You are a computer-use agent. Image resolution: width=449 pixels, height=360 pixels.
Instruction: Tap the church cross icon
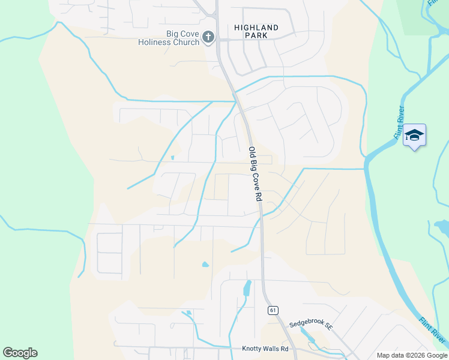point(208,38)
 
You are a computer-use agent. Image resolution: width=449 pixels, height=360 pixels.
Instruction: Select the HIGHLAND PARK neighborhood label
point(256,32)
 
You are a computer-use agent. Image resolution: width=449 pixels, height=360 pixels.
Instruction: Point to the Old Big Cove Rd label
point(256,174)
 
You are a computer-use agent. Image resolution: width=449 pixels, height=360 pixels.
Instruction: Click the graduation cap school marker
point(415,135)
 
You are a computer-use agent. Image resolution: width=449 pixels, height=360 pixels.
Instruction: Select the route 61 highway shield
point(273,310)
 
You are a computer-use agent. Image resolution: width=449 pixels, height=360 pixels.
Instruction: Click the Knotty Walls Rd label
point(265,349)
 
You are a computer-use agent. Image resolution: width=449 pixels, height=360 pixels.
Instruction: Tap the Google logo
point(20,353)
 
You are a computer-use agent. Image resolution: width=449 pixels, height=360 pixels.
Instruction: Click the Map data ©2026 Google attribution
point(411,355)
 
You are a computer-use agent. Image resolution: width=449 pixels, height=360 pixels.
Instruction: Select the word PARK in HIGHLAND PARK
point(256,36)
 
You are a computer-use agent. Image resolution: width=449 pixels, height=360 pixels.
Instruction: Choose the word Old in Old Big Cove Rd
point(252,154)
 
